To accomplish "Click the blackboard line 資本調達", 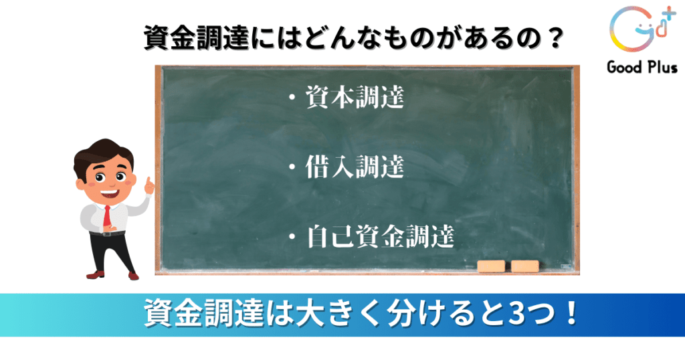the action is click(355, 96).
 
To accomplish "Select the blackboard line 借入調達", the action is click(355, 167).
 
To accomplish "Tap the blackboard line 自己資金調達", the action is click(380, 236).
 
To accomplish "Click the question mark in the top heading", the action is click(555, 38).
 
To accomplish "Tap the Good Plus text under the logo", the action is click(642, 68).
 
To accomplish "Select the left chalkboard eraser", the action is click(491, 266).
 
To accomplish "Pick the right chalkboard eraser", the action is click(524, 266).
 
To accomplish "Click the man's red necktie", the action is click(106, 216).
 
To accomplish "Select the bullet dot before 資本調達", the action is click(292, 98).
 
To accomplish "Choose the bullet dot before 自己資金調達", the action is click(292, 238).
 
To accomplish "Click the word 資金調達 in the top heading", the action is click(197, 38).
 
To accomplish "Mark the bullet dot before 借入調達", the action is click(292, 167).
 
